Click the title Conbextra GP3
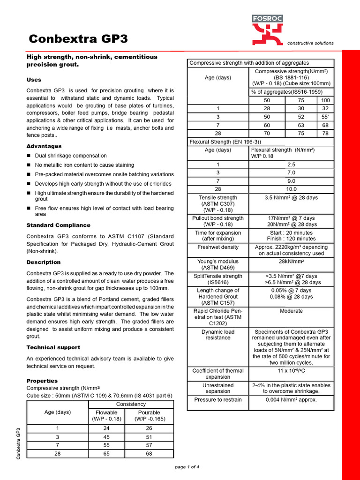78,39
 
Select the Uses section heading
34,80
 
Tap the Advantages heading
44,146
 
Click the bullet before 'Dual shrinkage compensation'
29,156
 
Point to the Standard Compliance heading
58,225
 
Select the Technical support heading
53,347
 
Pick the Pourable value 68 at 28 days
149,454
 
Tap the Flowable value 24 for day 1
106,428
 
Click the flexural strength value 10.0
291,189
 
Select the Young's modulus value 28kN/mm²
291,262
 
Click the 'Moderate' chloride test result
291,311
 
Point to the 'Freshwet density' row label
218,247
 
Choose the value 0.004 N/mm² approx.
291,400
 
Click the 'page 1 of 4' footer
187,467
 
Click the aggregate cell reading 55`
325,116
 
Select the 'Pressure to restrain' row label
218,400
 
